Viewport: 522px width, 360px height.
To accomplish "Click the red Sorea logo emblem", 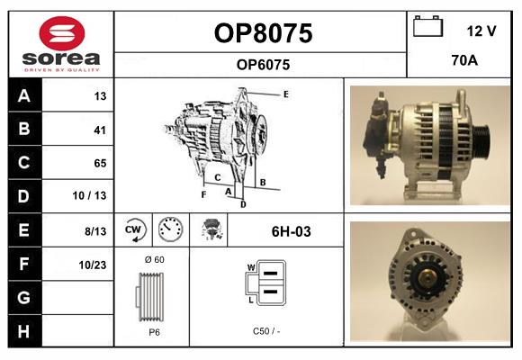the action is tap(62, 33).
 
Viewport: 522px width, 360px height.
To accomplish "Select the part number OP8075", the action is tap(263, 33).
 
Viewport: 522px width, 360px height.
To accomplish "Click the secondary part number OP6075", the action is tap(263, 65).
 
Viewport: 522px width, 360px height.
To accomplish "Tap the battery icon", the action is tap(427, 26).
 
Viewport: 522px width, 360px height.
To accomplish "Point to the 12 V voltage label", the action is tap(481, 31).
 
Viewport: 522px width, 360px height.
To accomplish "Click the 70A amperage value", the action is tap(464, 60).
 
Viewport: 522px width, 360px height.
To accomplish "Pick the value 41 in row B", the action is tap(100, 130).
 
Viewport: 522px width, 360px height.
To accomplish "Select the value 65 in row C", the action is tap(100, 163).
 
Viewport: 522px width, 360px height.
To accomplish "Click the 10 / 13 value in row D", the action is tap(89, 195).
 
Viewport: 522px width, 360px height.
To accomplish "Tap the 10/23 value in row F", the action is tap(93, 265).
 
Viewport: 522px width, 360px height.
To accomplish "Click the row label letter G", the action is tap(23, 297).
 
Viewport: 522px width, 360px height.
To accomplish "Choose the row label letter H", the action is tap(23, 331).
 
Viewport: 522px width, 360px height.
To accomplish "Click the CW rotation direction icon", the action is tap(134, 229).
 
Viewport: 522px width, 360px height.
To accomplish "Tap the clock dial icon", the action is tap(170, 229).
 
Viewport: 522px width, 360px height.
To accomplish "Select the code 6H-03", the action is tap(292, 231).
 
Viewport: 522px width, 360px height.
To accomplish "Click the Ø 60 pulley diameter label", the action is tap(155, 259).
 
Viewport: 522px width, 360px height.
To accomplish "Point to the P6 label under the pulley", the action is tap(154, 332).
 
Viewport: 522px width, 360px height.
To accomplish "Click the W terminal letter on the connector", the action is tap(251, 267).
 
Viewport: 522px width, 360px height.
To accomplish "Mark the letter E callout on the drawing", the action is tap(286, 94).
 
